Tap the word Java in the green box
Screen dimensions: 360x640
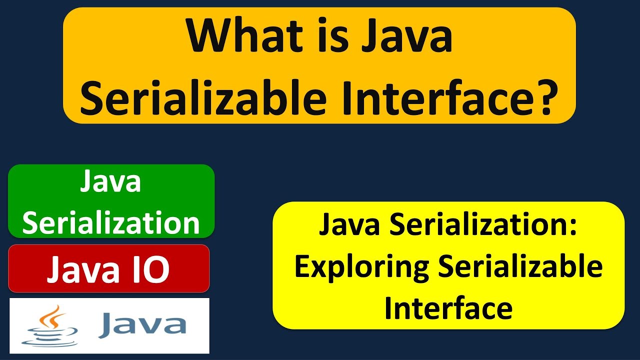click(x=111, y=182)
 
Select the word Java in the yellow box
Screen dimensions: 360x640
click(x=350, y=226)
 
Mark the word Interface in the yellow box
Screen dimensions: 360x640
click(x=448, y=307)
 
